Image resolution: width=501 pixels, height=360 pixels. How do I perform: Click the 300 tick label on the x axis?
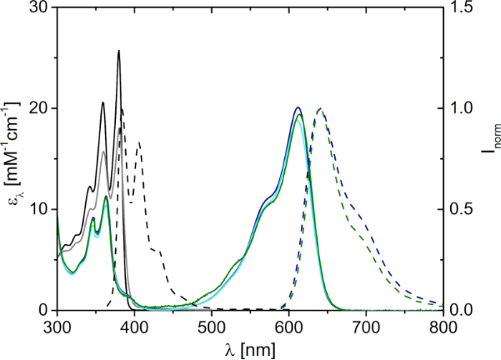(57, 325)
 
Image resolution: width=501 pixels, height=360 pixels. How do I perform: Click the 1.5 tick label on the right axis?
(460, 7)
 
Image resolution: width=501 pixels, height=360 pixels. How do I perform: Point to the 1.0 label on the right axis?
(460, 108)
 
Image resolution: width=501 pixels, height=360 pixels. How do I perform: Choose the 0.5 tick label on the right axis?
(460, 209)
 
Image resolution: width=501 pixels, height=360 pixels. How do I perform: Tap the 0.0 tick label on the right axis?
(460, 310)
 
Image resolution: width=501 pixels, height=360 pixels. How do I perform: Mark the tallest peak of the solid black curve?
(118, 51)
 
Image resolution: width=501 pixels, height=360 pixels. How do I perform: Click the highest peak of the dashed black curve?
(122, 109)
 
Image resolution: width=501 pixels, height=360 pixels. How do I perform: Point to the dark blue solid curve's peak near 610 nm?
(298, 107)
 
